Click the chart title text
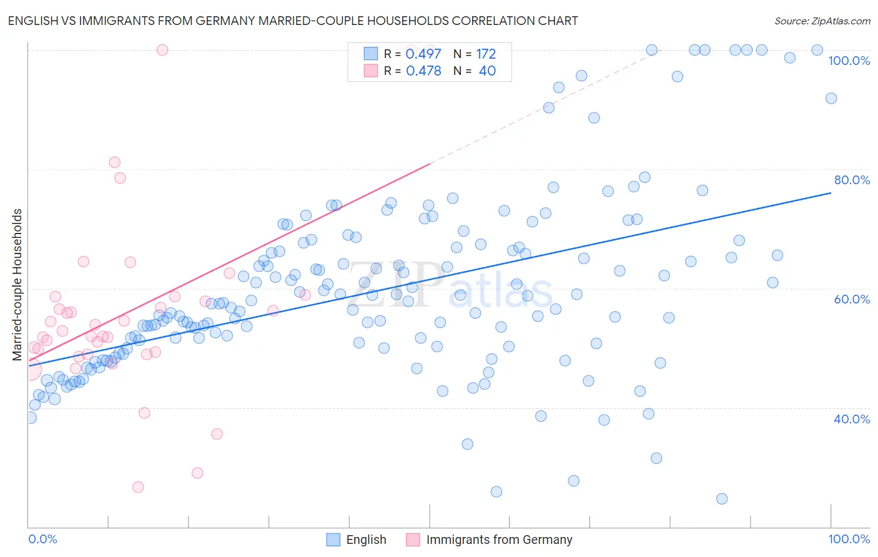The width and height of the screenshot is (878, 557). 293,21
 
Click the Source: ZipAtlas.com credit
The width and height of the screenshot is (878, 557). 822,21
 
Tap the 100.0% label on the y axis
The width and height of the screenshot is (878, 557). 849,61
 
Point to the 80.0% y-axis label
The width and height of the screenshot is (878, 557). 852,180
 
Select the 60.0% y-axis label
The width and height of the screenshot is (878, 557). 852,299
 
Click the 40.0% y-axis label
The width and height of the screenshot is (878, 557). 852,419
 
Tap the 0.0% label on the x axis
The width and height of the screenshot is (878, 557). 42,539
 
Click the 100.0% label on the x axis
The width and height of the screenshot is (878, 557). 849,539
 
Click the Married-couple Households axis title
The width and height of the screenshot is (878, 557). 17,285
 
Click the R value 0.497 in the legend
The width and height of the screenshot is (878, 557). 423,54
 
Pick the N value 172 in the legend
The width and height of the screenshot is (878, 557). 486,54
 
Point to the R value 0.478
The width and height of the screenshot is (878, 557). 423,71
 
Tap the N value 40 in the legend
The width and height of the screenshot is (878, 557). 487,71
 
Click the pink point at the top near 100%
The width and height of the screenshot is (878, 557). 162,50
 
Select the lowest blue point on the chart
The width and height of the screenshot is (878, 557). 722,498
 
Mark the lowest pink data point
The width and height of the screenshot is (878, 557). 138,487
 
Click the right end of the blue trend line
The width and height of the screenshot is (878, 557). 831,193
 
